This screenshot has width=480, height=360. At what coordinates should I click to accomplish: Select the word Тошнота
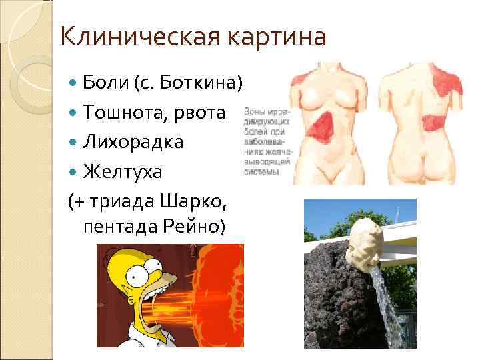click(123, 113)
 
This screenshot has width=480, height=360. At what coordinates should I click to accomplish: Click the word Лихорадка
click(133, 143)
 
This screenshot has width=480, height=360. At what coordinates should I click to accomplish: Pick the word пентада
click(117, 227)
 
